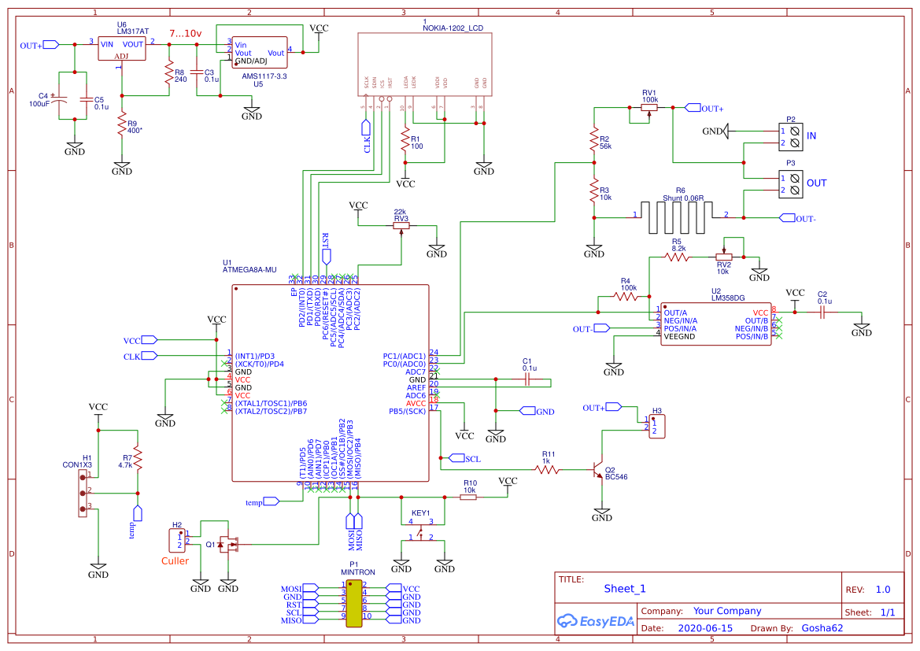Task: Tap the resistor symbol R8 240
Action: [168, 75]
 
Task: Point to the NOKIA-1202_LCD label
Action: [453, 28]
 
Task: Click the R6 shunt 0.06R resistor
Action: [678, 216]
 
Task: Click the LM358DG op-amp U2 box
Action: [717, 324]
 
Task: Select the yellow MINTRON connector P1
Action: [353, 605]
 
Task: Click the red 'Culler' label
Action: [175, 561]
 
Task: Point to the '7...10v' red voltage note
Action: [186, 34]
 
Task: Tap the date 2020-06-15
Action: [704, 628]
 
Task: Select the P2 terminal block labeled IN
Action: [791, 135]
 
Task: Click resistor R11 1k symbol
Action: [547, 469]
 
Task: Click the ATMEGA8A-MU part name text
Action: [249, 270]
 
